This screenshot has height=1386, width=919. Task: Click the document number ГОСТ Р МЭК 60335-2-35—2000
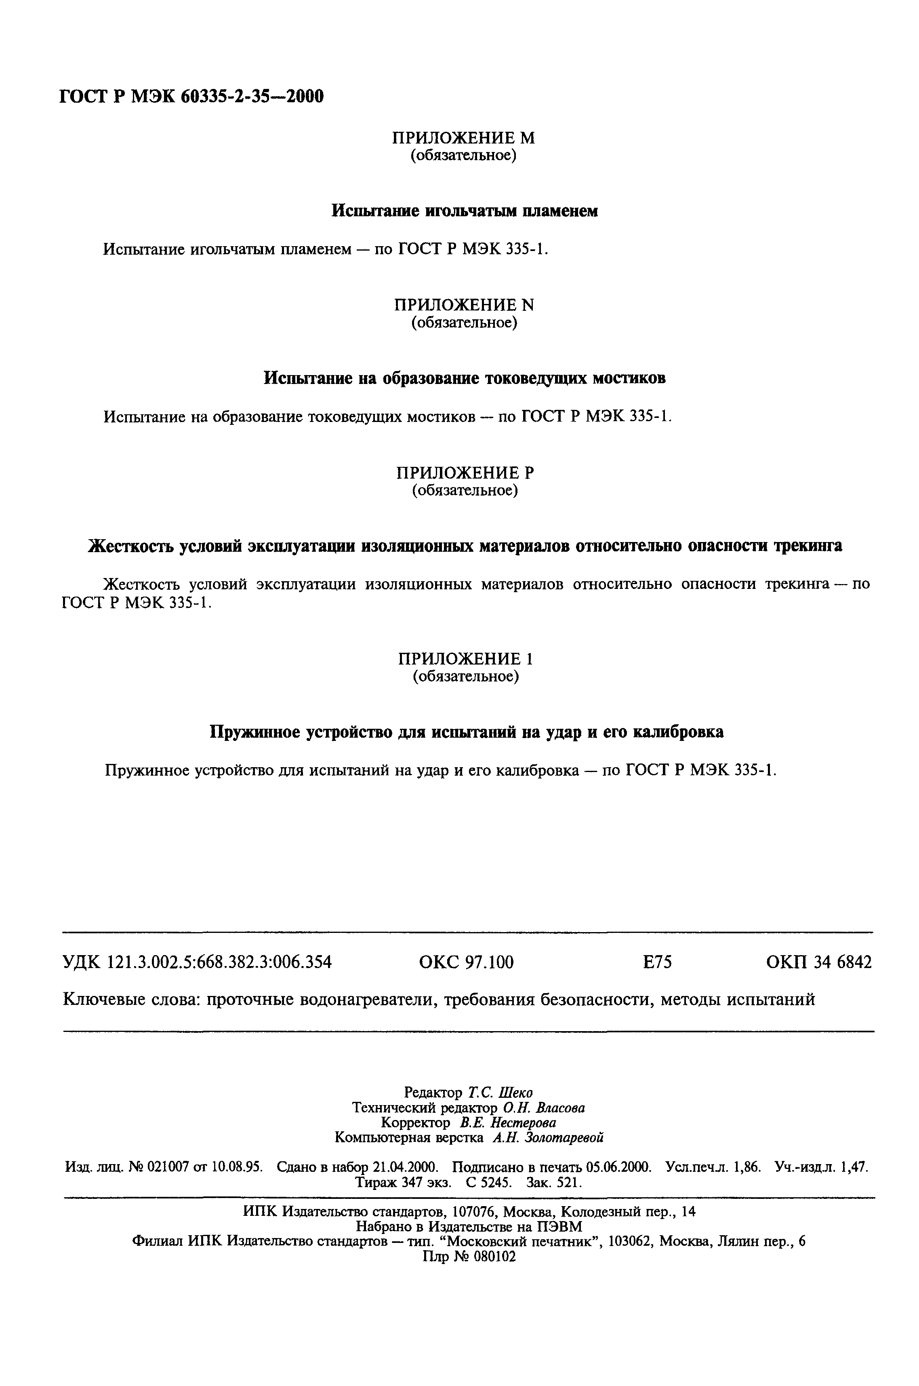click(x=191, y=95)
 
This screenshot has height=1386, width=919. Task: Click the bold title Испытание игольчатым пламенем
click(x=465, y=211)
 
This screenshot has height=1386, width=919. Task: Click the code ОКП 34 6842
click(x=819, y=962)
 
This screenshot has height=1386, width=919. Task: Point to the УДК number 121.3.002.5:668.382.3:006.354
click(x=220, y=962)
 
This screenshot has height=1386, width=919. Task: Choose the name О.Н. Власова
click(x=543, y=1108)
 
